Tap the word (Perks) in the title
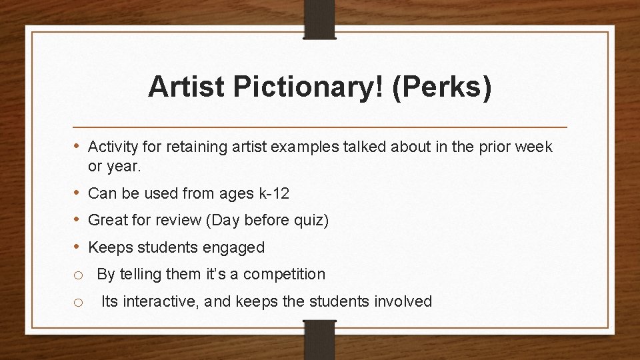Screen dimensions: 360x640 [444, 87]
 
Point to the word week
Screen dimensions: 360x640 [534, 147]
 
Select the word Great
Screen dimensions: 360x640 [107, 221]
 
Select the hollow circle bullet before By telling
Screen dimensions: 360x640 [79, 275]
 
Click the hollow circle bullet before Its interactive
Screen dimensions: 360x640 [79, 302]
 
